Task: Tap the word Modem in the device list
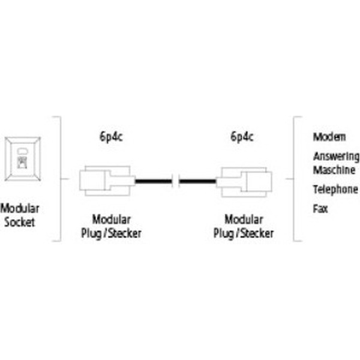(x=329, y=137)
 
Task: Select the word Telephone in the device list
(x=335, y=190)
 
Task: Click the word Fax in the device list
(x=320, y=209)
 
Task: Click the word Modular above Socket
(x=20, y=209)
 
